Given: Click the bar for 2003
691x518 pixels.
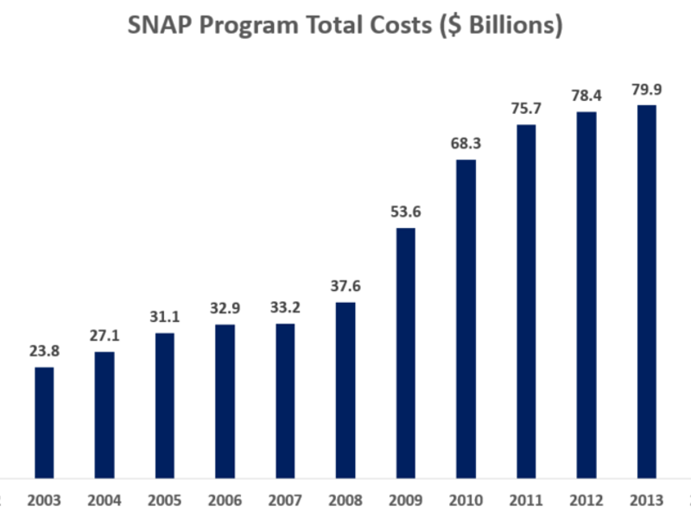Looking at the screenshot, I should pos(44,422).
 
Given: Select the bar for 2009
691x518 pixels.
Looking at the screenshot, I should pos(405,352).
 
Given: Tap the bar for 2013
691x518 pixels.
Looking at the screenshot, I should pos(646,291).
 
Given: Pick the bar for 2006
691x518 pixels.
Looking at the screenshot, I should pos(225,401).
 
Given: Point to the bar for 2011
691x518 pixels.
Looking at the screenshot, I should pos(526,300).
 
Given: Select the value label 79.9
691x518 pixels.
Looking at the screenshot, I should pos(646,90).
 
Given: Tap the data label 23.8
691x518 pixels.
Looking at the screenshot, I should pos(44,352).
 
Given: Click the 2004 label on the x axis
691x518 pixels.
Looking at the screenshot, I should pos(105,500).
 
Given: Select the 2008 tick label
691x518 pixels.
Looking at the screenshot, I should pos(345,500).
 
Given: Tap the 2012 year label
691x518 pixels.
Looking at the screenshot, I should pos(586,500).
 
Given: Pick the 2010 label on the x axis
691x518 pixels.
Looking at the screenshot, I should pos(466,500).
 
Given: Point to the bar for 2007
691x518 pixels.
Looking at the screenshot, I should pos(285,400).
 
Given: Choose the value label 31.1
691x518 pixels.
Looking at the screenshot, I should pos(164,318).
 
